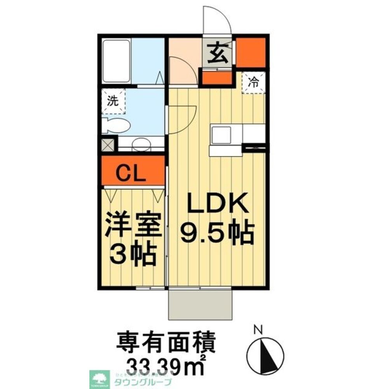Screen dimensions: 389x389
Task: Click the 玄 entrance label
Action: (218, 54)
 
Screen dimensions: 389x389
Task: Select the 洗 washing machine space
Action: (113, 101)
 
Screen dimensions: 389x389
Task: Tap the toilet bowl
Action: (117, 125)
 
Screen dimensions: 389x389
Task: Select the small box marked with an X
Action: (108, 145)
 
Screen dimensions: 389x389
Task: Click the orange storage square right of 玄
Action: (251, 52)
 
